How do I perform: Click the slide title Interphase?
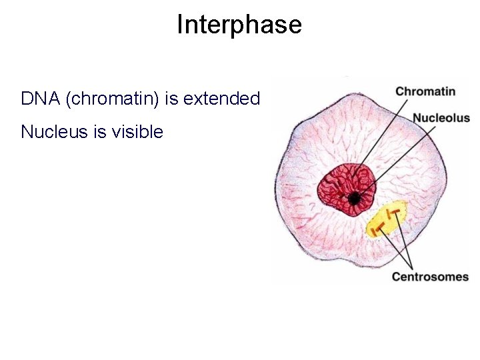[239, 25]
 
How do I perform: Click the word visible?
[138, 132]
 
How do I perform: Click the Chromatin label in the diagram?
[425, 91]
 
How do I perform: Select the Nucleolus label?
[441, 118]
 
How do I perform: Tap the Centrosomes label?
[430, 276]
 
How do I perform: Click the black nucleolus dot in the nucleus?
[354, 198]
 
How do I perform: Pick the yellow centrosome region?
[387, 219]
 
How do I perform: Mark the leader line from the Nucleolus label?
[393, 159]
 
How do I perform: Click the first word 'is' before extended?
[172, 99]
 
